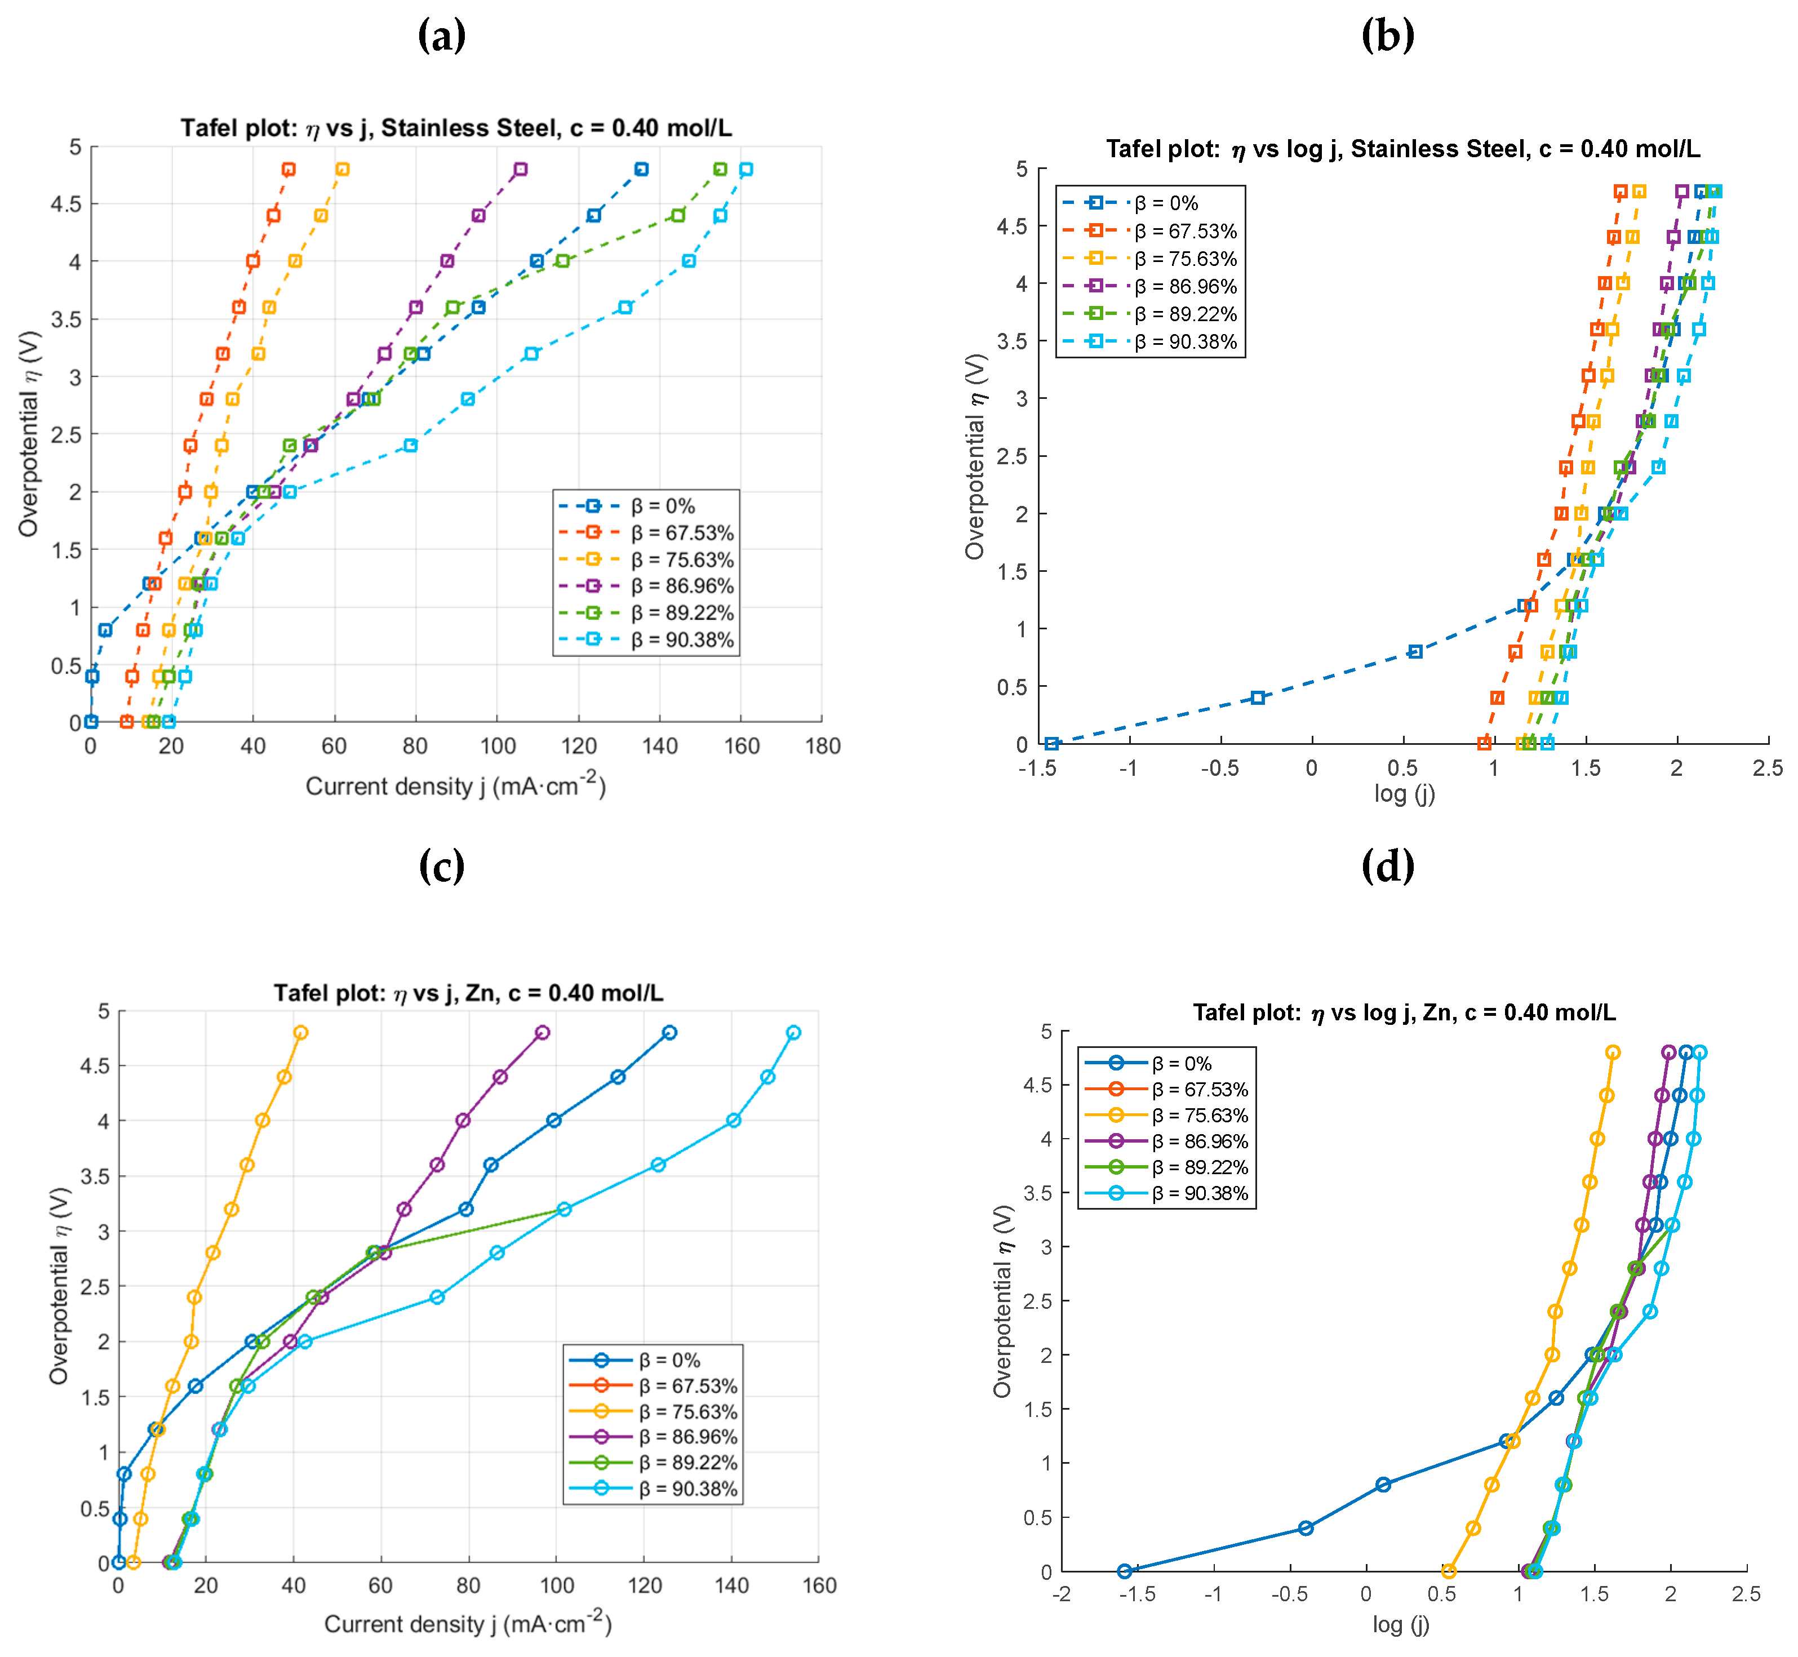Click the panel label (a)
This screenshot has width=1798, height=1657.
point(441,36)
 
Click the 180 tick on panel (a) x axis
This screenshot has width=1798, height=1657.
point(822,746)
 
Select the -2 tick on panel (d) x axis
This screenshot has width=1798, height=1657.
point(1062,1594)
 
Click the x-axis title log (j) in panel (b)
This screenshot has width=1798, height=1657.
point(1404,793)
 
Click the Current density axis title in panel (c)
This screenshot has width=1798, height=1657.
point(467,1624)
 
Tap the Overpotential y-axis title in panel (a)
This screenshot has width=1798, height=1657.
point(29,434)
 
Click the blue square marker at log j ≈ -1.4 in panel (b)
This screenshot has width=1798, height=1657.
point(1052,743)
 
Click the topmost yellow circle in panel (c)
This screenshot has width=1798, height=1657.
point(300,1033)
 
